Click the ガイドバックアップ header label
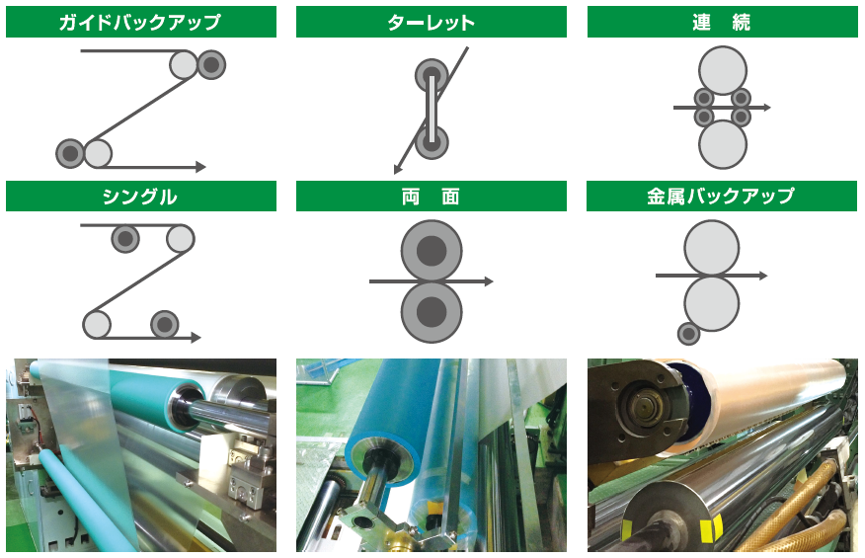[140, 22]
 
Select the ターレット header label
[431, 23]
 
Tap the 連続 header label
[722, 22]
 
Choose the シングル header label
[140, 197]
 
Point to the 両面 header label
[431, 197]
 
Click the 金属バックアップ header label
[721, 196]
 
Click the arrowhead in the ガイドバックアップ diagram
[200, 167]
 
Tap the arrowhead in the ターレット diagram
[398, 169]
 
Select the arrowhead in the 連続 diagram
[766, 108]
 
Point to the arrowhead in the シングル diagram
[196, 338]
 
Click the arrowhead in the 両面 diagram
[488, 281]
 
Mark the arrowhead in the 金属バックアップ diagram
[763, 276]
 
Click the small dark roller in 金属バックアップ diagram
[688, 334]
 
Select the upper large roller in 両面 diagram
[432, 251]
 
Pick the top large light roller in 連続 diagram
[723, 71]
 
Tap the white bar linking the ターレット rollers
[432, 109]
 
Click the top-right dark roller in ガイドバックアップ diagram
[211, 64]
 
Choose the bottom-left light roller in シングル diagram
[97, 324]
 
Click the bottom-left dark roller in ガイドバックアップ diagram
[70, 153]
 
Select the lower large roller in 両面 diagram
[432, 312]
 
